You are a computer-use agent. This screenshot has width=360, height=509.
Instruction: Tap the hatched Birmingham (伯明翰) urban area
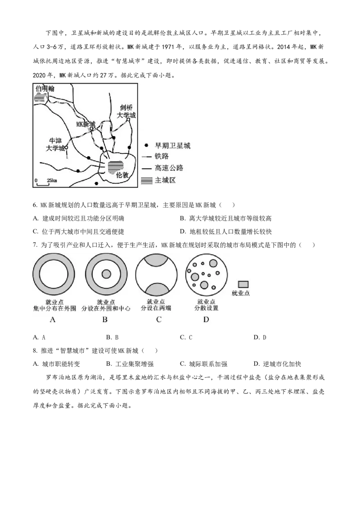[41, 97]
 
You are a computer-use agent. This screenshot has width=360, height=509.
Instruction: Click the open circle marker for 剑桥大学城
[128, 120]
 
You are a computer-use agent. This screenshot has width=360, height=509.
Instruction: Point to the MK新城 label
[86, 124]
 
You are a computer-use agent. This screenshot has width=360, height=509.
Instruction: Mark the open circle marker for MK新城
[91, 129]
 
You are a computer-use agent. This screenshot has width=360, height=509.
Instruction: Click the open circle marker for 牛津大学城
[66, 147]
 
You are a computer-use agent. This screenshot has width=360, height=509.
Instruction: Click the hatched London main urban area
[115, 167]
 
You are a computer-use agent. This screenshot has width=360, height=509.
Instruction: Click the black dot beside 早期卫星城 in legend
[146, 146]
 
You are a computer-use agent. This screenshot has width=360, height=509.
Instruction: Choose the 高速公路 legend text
[169, 168]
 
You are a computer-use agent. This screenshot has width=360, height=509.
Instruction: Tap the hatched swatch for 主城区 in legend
[147, 180]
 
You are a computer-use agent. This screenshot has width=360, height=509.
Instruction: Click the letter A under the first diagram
[53, 320]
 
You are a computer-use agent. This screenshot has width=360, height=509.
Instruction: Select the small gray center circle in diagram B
[106, 274]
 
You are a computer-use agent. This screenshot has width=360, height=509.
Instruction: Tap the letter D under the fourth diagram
[206, 320]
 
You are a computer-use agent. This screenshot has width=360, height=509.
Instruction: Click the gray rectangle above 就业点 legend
[243, 284]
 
